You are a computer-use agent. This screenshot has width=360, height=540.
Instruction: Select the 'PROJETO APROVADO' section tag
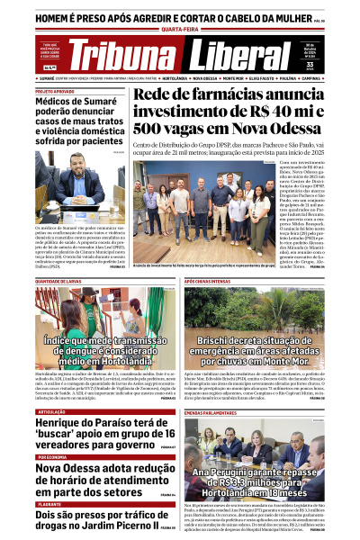(56, 91)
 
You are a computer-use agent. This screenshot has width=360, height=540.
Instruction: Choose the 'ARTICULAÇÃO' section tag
(51, 411)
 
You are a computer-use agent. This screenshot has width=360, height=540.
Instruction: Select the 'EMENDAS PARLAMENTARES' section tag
(216, 411)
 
